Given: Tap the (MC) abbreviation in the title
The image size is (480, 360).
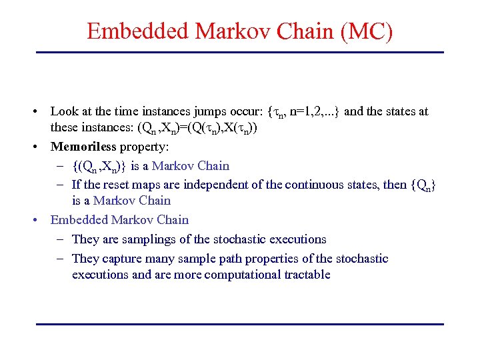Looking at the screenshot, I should [x=366, y=31].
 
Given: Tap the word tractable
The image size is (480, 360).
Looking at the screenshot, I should [x=306, y=275].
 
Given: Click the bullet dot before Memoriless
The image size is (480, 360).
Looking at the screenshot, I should [x=41, y=147].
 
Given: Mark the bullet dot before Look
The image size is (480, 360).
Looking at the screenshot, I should [x=41, y=111].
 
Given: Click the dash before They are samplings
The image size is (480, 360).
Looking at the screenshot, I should [x=61, y=239].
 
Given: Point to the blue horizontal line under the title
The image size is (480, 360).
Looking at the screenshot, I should [x=240, y=52].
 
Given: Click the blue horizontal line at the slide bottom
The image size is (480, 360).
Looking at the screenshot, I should [x=240, y=324].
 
